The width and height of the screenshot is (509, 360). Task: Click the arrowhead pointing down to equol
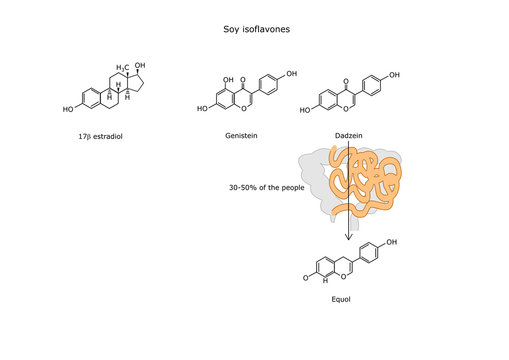(348, 236)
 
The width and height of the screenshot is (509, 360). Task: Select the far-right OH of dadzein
(395, 75)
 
